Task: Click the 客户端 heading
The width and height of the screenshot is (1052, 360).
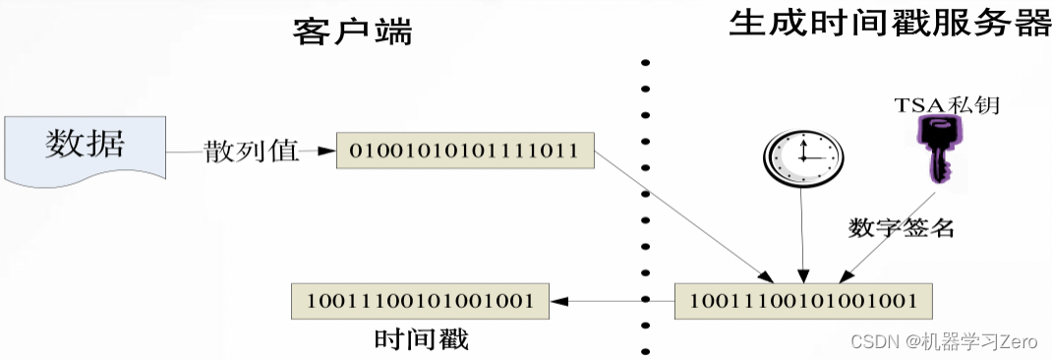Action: (352, 32)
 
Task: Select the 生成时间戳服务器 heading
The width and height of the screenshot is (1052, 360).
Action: (890, 24)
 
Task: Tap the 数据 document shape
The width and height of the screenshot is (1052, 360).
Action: (86, 148)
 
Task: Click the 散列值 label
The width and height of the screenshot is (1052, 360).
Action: (251, 151)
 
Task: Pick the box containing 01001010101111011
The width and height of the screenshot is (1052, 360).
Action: (463, 150)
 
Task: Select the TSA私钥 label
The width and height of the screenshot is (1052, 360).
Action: (946, 103)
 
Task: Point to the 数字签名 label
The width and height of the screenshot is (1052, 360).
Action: (901, 227)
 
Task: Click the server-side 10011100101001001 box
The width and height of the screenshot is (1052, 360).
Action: (802, 299)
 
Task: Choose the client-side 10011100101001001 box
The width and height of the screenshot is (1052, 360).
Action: (419, 299)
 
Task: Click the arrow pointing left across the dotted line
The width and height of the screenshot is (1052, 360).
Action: (610, 299)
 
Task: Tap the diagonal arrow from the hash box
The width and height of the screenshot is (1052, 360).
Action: (688, 216)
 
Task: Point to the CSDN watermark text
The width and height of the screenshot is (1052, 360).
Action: (944, 341)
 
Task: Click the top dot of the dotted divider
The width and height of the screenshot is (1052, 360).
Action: (645, 63)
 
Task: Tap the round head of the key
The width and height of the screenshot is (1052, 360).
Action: (930, 133)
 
